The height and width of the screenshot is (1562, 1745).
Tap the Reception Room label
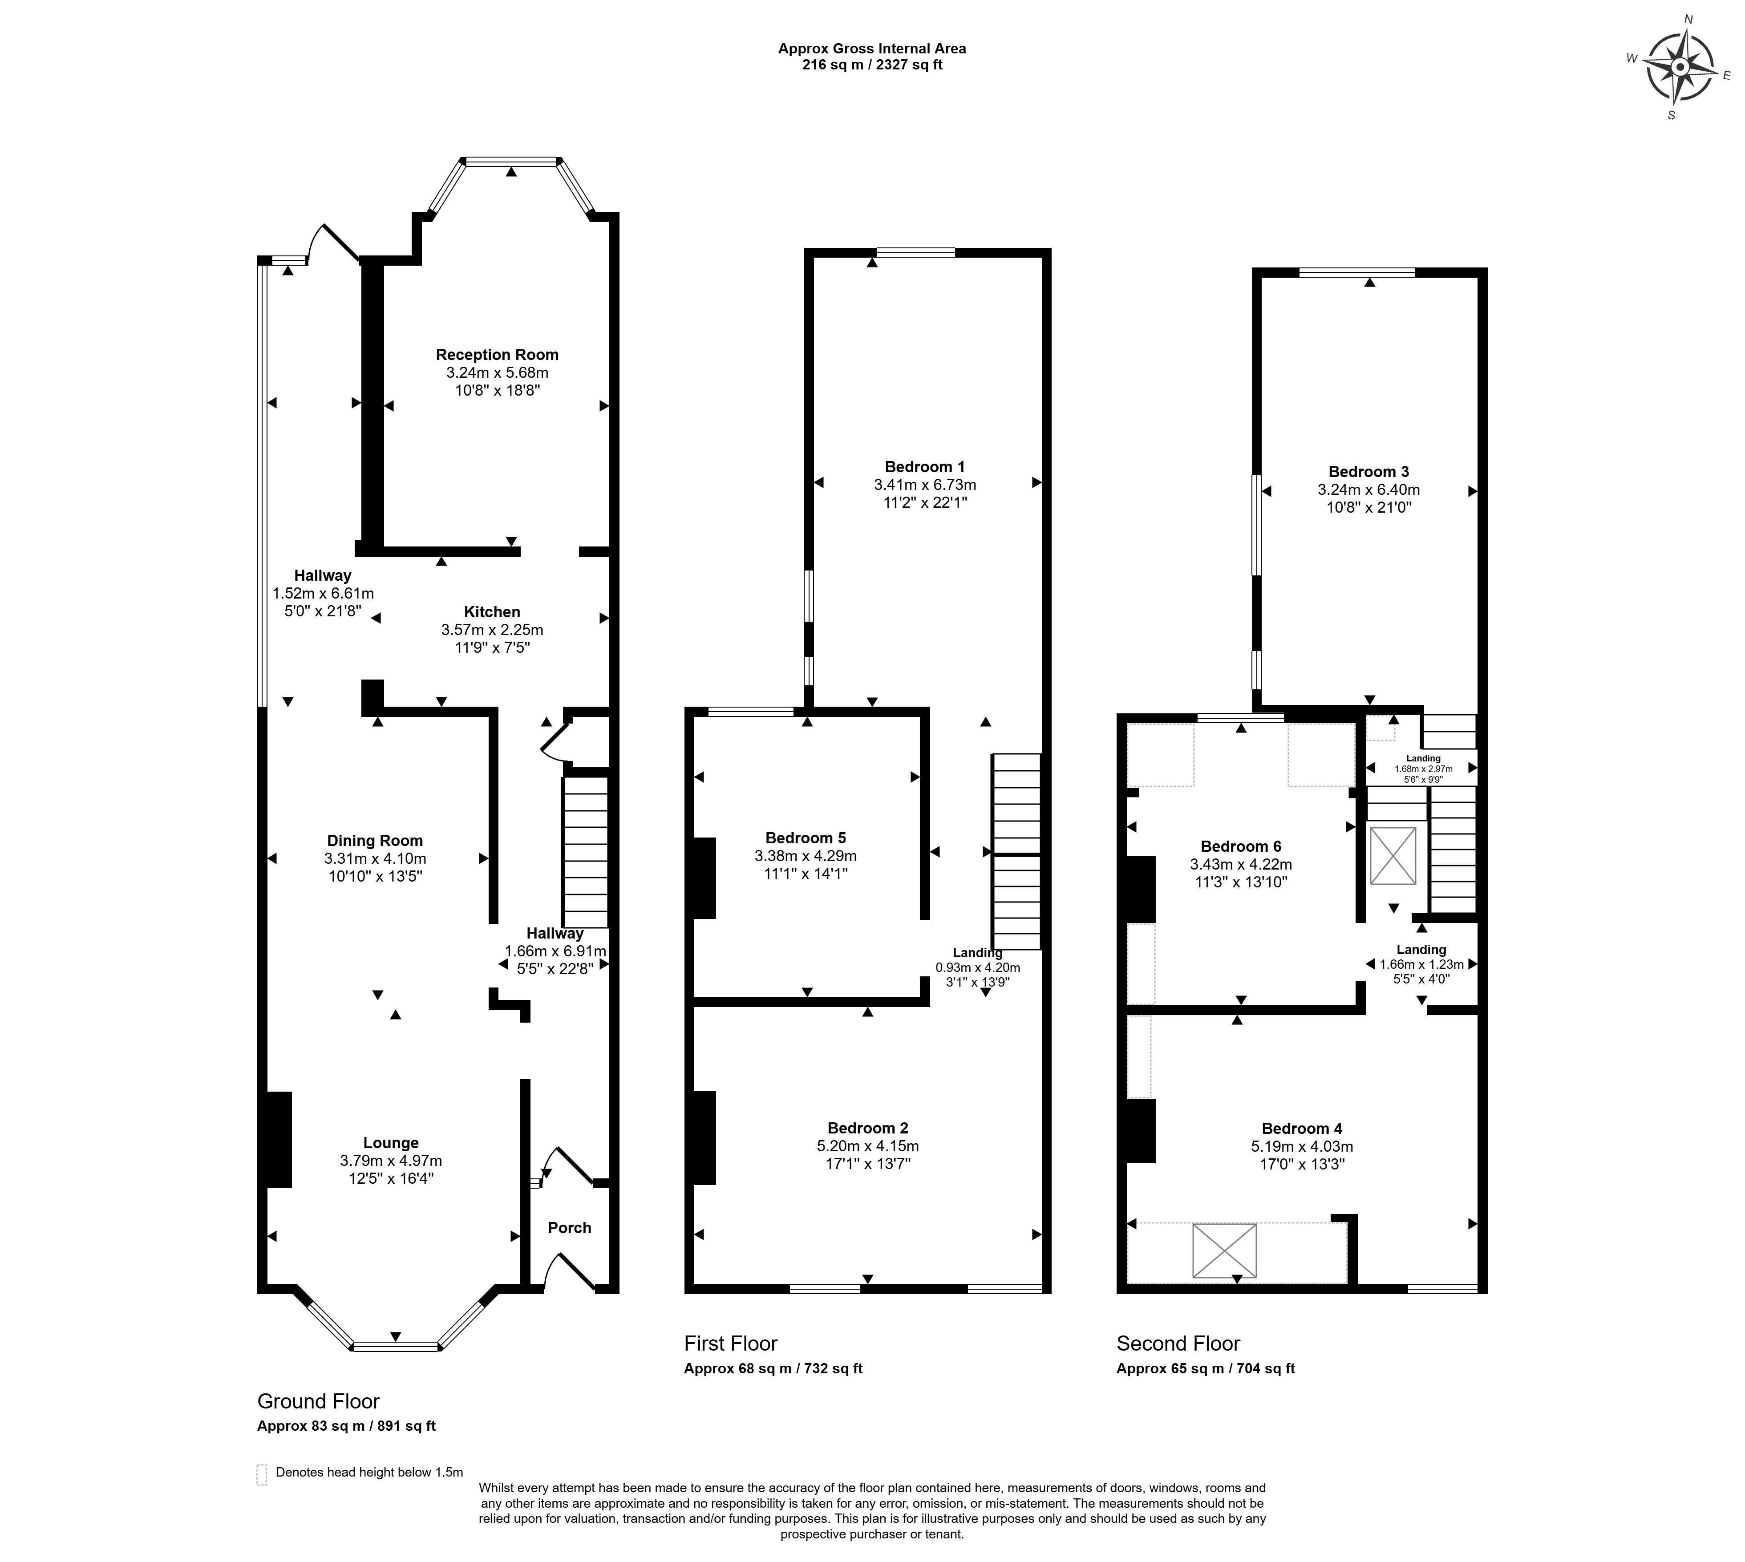(497, 354)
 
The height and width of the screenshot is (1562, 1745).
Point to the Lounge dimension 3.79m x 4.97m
(391, 1160)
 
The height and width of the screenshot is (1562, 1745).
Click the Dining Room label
(375, 841)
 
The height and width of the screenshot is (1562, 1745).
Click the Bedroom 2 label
(868, 1128)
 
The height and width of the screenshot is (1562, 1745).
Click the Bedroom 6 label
(1241, 846)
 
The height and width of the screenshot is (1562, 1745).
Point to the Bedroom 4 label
(1302, 1129)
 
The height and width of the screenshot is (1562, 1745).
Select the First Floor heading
(730, 1343)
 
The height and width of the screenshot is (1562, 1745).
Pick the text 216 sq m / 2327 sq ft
(872, 65)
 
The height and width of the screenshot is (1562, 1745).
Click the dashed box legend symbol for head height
(262, 1473)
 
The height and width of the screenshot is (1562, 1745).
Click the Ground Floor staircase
(585, 851)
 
